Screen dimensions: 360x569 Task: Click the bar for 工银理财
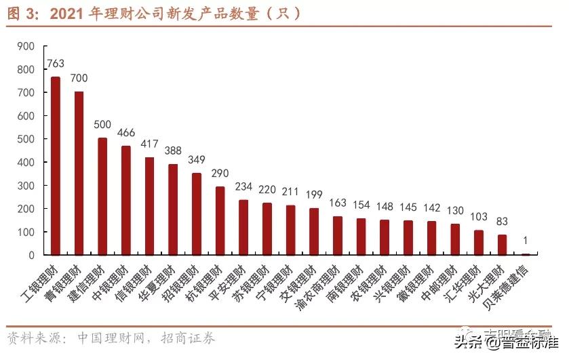coord(56,166)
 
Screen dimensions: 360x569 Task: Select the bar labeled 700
coord(79,174)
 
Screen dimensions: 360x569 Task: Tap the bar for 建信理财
coord(102,197)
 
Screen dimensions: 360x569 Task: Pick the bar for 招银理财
coord(197,214)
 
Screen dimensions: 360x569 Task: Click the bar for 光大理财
coord(502,245)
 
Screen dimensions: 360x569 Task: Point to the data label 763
coord(56,64)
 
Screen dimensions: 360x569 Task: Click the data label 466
coord(126,133)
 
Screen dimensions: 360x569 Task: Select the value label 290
coord(220,174)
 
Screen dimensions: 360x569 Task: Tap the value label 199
coord(314,195)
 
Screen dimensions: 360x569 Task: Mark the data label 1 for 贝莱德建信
coord(526,241)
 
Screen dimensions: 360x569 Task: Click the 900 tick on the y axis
coord(26,46)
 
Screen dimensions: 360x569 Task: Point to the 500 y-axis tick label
coord(26,139)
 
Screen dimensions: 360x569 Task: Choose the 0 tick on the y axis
coord(31,256)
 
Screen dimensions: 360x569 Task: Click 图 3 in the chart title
coord(24,13)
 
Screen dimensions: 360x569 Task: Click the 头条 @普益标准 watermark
coord(509,342)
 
